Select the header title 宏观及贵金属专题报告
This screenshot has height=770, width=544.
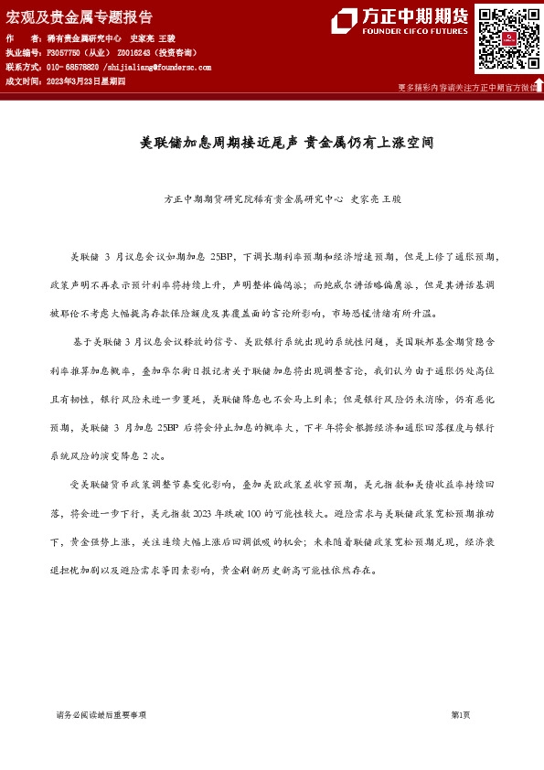pyautogui.click(x=80, y=17)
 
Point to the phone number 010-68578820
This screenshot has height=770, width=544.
pyautogui.click(x=72, y=68)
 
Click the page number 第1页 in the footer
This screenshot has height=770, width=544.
pyautogui.click(x=460, y=715)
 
